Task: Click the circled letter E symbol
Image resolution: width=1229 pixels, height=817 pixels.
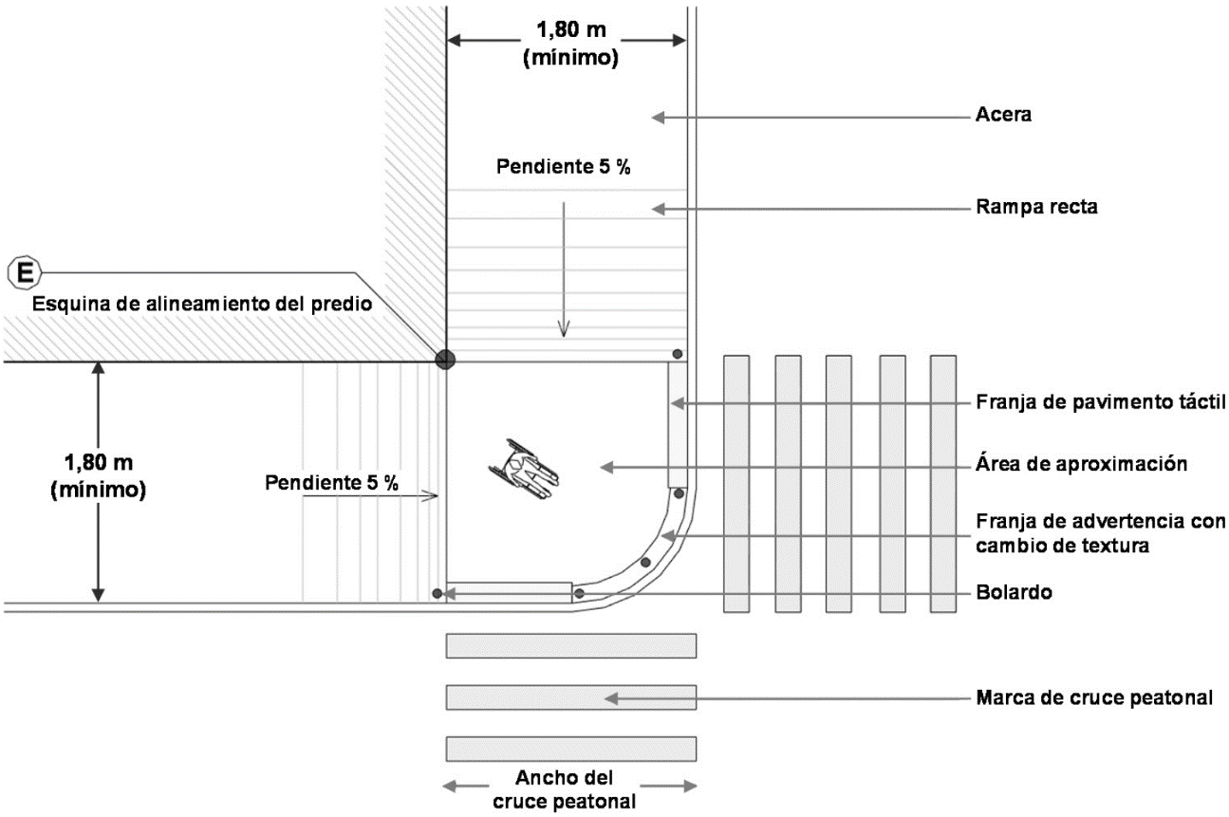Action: click(x=23, y=273)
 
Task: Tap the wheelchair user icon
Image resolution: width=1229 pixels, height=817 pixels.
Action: click(x=524, y=470)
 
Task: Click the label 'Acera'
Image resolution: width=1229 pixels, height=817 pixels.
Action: click(x=1003, y=117)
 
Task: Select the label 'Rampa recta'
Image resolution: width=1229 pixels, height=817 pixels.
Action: click(x=1036, y=208)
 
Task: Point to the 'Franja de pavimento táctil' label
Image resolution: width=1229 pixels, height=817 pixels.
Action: click(x=1101, y=403)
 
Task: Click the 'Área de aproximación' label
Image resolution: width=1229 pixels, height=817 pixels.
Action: click(x=1082, y=465)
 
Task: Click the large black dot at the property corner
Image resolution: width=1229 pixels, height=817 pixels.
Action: click(x=444, y=360)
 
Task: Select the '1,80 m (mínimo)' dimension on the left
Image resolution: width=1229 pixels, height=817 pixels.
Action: click(x=103, y=476)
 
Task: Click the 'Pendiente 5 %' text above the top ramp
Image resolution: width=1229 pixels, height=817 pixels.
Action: click(x=564, y=167)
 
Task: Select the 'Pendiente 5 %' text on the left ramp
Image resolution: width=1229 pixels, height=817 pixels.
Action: click(x=331, y=482)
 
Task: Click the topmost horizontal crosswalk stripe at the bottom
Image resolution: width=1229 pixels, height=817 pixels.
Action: click(x=571, y=645)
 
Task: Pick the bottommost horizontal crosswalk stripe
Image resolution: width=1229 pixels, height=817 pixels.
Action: click(x=571, y=748)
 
